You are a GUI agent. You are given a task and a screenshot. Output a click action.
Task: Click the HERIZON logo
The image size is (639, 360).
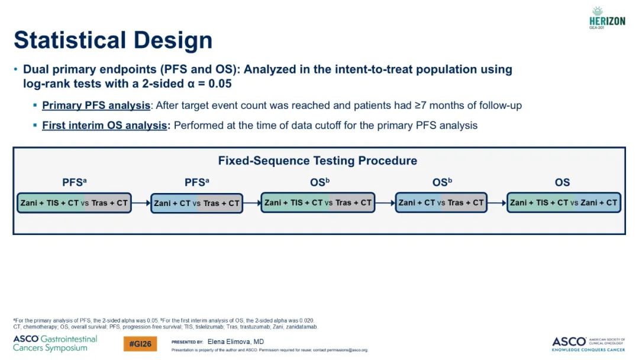[x=607, y=18]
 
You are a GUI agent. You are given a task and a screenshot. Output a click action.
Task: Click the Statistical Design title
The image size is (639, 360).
[x=113, y=40]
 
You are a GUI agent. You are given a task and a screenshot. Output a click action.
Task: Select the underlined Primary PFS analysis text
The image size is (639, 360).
[x=96, y=105]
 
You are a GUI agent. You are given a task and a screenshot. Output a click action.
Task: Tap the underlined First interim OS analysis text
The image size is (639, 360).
[x=104, y=125]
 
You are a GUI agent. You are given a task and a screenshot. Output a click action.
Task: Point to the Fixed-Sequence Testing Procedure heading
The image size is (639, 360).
[x=318, y=160]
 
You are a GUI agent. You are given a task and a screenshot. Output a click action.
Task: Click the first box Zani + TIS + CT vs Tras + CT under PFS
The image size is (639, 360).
[x=74, y=203]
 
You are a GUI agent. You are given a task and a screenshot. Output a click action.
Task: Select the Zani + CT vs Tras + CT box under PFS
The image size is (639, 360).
[x=197, y=204]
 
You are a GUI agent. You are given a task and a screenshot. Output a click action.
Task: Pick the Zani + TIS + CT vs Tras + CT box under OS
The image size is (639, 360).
[x=318, y=202]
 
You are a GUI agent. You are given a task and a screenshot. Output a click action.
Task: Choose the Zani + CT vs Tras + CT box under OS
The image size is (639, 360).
[x=441, y=202]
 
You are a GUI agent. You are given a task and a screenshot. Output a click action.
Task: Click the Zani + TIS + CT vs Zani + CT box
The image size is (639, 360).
[x=564, y=202]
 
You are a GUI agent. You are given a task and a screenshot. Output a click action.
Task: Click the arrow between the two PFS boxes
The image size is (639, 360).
[x=141, y=203]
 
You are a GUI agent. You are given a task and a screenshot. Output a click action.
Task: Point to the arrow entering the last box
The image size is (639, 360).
[x=497, y=202]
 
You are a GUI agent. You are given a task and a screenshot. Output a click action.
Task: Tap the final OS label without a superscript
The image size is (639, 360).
[x=563, y=182]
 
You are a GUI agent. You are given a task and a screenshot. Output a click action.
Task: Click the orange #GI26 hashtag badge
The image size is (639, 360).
[x=140, y=343]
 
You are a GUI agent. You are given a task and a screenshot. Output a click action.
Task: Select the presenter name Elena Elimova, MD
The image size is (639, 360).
[x=235, y=342]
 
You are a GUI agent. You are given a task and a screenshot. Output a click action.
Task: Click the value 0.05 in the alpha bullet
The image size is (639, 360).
[x=220, y=83]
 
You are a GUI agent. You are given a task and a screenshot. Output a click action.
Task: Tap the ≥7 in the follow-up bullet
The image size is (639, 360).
[x=421, y=105]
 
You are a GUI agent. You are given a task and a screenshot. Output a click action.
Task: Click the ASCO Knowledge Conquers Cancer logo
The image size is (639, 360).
[x=589, y=343]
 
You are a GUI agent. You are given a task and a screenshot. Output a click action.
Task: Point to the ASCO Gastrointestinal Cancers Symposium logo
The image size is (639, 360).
[x=55, y=343]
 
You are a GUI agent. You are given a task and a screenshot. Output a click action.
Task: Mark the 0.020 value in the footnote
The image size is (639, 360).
[x=306, y=320]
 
